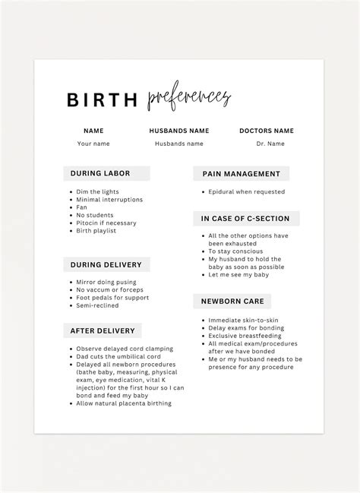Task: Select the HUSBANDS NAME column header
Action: pos(179,131)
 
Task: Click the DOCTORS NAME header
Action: pos(266,131)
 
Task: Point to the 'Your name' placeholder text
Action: pos(93,144)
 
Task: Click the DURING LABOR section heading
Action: pos(100,173)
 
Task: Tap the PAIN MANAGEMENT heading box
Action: pos(241,174)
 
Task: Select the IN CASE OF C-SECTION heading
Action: pos(245,219)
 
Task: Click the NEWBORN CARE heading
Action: pos(231,301)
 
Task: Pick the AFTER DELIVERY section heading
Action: pos(103,331)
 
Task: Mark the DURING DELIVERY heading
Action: pos(106,264)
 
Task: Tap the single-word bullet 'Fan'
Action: pos(82,207)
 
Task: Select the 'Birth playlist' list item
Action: pos(96,230)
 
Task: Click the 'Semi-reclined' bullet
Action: pos(98,305)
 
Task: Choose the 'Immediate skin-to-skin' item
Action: pos(244,320)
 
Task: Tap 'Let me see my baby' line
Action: pos(238,275)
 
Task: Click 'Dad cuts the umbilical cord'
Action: pos(119,356)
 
